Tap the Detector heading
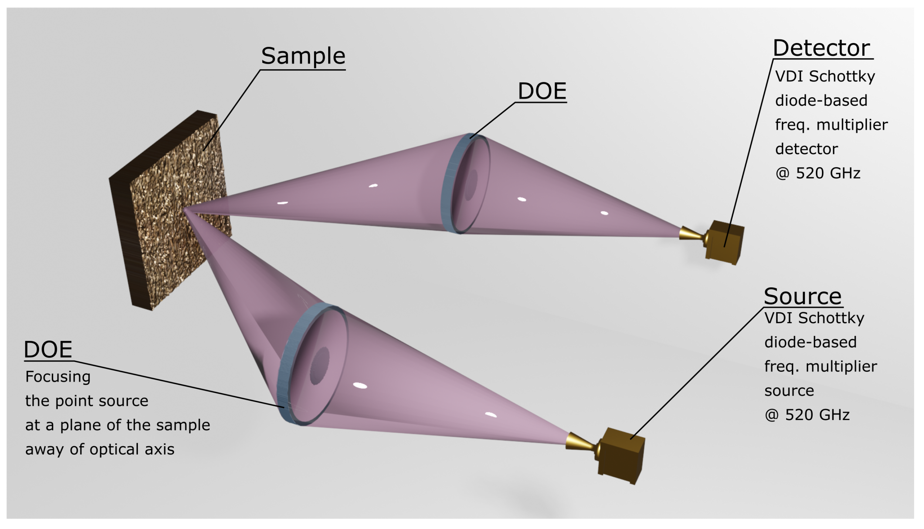click(821, 48)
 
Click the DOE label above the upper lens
click(542, 91)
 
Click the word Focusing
click(58, 377)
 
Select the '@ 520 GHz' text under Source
click(807, 415)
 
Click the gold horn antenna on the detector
click(691, 234)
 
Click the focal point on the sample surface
click(185, 210)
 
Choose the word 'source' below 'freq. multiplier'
click(789, 391)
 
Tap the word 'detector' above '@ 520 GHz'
click(806, 149)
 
